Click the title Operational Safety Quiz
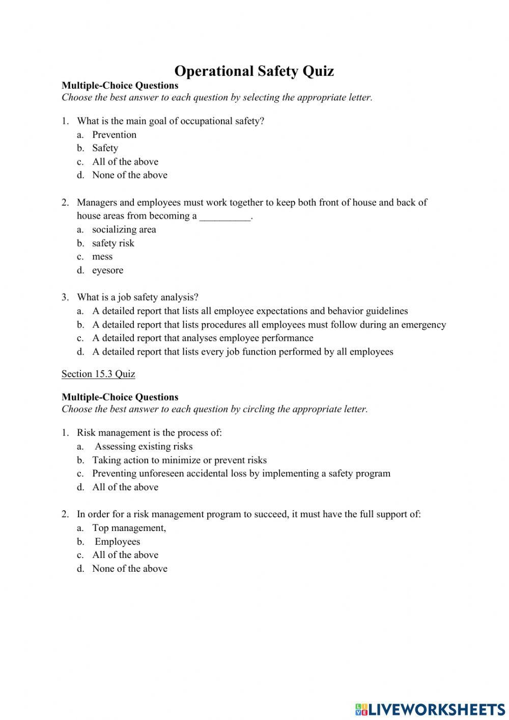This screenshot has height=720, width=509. [254, 71]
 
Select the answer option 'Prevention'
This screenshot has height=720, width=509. [114, 135]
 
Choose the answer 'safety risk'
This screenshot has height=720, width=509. [113, 243]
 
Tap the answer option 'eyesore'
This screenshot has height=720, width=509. [107, 271]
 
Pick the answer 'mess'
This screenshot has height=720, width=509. [102, 257]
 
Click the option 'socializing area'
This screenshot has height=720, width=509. [124, 230]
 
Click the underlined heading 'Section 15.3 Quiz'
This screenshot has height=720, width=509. [98, 374]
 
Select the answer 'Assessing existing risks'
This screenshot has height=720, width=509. [144, 446]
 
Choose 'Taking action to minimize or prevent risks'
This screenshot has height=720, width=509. [179, 460]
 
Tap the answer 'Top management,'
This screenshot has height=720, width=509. [129, 528]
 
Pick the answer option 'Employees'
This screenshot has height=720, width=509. [117, 542]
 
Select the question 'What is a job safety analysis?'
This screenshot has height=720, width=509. [137, 297]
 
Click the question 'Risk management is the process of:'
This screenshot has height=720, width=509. [149, 433]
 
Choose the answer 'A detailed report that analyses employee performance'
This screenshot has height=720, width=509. [203, 338]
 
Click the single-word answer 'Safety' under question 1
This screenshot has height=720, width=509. [105, 148]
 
